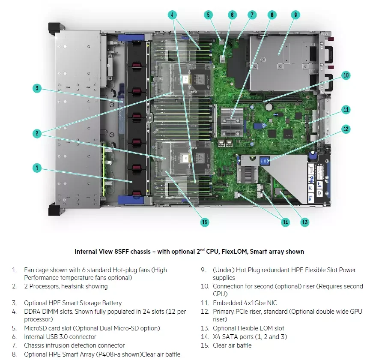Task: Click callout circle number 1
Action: click(37, 168)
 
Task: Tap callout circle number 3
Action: click(37, 89)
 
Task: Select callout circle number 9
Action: click(295, 15)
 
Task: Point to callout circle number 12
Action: click(346, 128)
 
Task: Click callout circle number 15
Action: click(205, 222)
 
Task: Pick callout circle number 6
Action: click(232, 15)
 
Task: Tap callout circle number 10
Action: click(346, 75)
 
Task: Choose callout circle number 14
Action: click(285, 222)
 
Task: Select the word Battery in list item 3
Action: click(111, 303)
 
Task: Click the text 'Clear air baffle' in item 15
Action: click(232, 345)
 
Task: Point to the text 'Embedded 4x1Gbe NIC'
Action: click(245, 303)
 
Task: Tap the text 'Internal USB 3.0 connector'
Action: click(60, 337)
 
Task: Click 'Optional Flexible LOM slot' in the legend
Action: click(248, 328)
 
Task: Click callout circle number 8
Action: click(272, 15)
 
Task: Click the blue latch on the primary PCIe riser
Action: click(264, 161)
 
